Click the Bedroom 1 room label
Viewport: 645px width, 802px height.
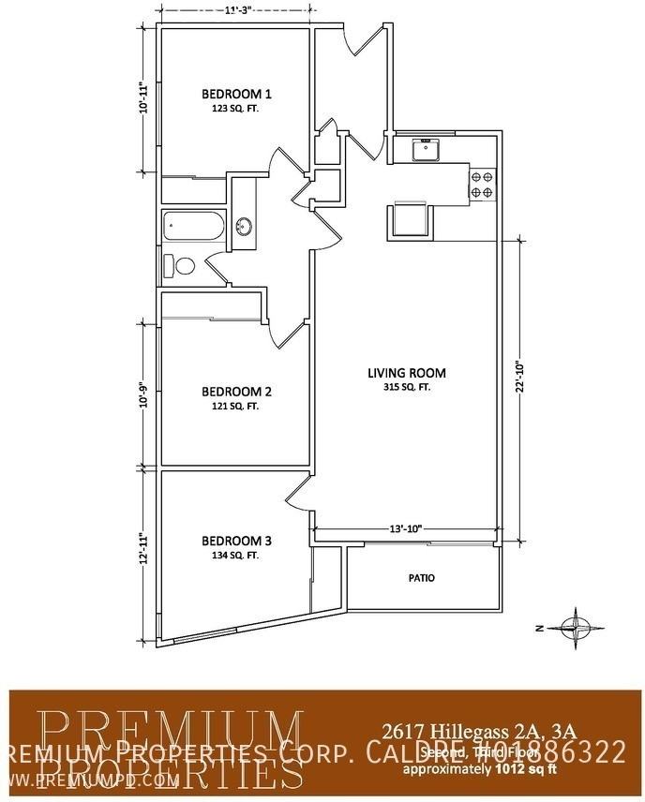tap(237, 94)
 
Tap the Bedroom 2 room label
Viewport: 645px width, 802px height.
tap(237, 391)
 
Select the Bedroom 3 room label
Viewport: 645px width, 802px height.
tap(237, 541)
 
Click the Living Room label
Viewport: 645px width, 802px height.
tap(406, 373)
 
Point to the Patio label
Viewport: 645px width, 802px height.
tap(422, 578)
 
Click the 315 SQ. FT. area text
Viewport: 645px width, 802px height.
tap(406, 387)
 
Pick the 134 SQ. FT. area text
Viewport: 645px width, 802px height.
tap(235, 556)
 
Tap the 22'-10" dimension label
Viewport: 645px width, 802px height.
tap(517, 380)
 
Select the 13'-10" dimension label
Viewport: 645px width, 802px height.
tap(405, 528)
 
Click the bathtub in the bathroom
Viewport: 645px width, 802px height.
tap(193, 227)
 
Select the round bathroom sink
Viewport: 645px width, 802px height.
tap(244, 226)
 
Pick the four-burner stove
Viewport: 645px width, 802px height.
tap(482, 184)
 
